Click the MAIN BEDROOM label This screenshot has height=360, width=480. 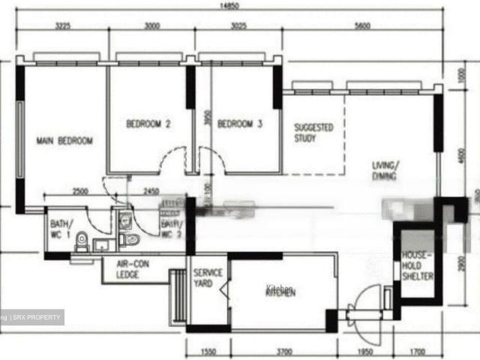65,140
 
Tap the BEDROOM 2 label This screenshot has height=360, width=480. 148,124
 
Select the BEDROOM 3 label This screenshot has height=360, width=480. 240,124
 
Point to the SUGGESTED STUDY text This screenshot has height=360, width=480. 313,133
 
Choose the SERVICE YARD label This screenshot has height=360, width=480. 208,277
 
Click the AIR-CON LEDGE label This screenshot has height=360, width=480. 133,269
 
